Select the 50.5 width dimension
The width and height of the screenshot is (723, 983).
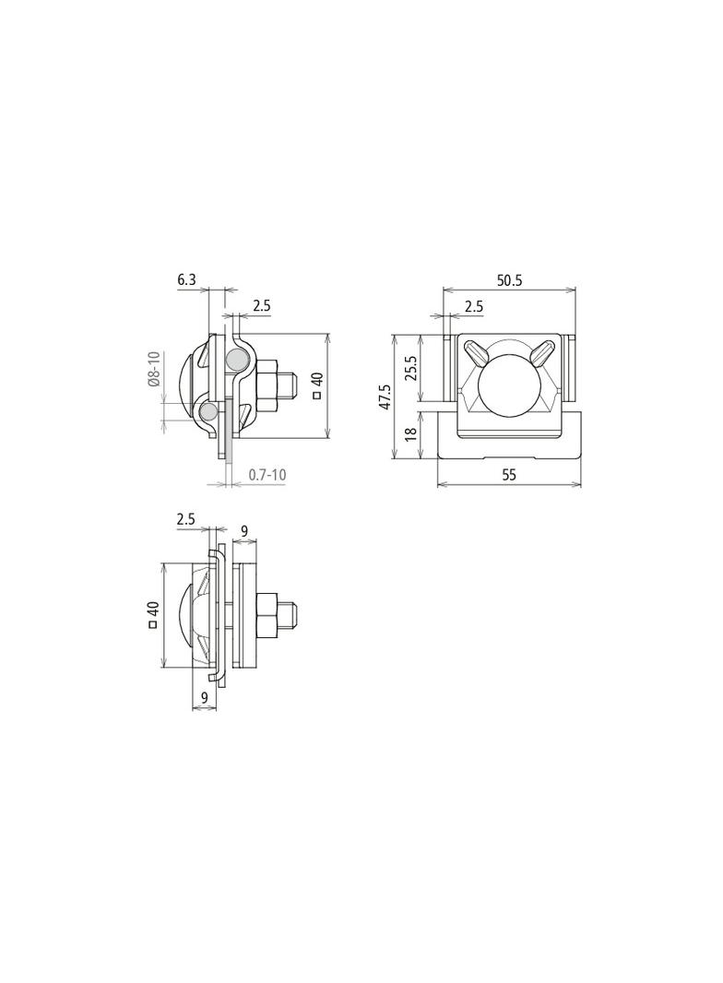509,280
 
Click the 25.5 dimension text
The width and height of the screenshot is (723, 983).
411,368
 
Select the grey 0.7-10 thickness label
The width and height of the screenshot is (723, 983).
267,474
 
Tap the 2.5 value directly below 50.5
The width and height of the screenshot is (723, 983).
474,306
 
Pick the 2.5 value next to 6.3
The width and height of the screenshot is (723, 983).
262,306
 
